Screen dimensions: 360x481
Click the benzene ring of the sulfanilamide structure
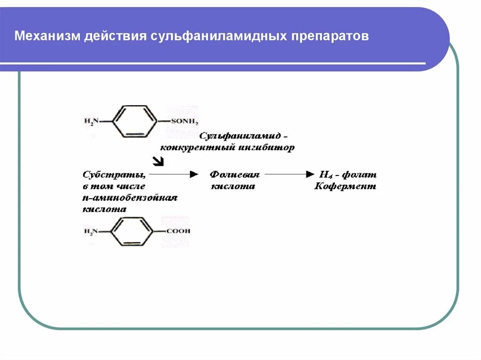coord(135,122)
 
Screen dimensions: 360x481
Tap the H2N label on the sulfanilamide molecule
coord(91,122)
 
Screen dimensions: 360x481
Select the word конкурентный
coord(192,147)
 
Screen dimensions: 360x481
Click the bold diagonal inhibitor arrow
coord(159,161)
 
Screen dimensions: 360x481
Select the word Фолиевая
coord(234,175)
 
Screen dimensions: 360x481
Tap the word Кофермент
coord(345,186)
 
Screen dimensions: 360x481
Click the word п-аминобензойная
coord(130,198)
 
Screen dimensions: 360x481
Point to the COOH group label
coord(178,231)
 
